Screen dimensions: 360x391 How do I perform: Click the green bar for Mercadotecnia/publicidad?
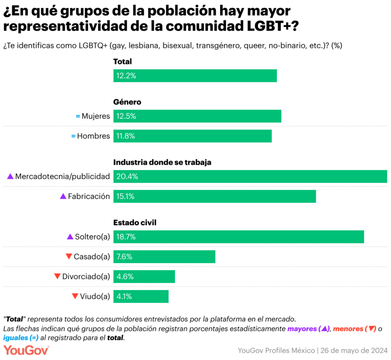pos(250,177)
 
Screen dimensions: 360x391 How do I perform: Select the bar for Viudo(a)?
pos(141,297)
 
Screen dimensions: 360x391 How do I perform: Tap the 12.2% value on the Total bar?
pos(126,76)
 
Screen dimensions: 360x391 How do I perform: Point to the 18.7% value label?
pos(126,237)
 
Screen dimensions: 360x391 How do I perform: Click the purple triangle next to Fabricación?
pos(63,196)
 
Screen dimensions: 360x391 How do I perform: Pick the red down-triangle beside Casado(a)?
pos(69,257)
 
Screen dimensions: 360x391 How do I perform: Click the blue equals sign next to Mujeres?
pos(78,116)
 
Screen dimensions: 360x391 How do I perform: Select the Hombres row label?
pos(93,136)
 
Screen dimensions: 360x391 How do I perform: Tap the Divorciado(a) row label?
pos(86,277)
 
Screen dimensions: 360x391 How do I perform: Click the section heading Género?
pos(127,102)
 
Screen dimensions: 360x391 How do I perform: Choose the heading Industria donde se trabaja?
pos(162,163)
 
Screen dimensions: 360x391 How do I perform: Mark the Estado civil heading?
pos(135,223)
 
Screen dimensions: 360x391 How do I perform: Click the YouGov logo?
pos(26,350)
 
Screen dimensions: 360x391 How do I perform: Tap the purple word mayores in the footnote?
pos(302,329)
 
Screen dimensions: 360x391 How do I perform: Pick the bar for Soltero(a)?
pos(238,237)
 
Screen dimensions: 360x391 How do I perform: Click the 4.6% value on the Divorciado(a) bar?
pos(125,277)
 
